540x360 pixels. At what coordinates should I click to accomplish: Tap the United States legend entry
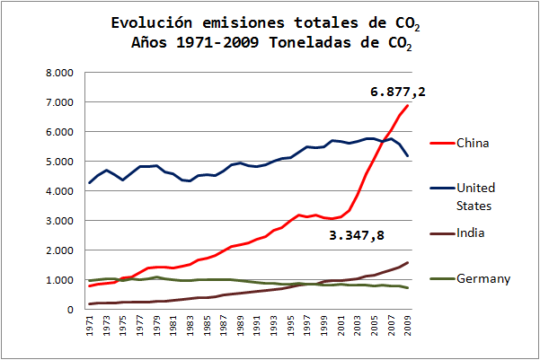click(476, 196)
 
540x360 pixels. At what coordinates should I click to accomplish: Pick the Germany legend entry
click(483, 278)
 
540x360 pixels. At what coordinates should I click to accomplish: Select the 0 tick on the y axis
click(68, 310)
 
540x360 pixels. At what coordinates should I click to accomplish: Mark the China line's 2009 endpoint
click(408, 106)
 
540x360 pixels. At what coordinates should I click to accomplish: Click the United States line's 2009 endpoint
click(408, 156)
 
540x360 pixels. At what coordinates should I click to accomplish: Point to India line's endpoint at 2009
click(408, 263)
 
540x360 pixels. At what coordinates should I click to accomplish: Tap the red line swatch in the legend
click(439, 143)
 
